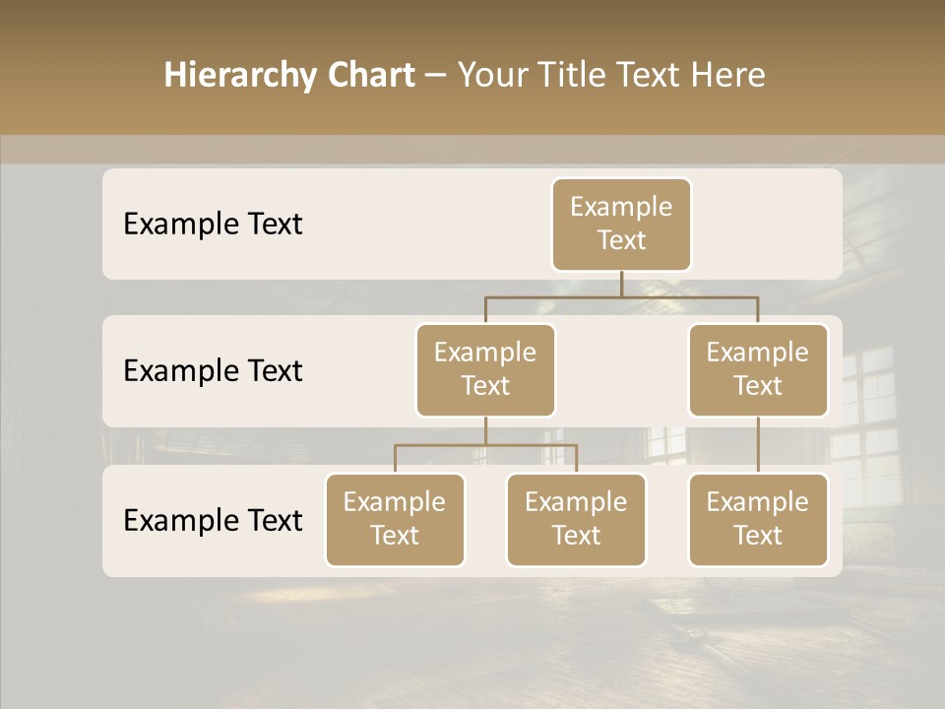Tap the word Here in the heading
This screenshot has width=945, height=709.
click(x=728, y=75)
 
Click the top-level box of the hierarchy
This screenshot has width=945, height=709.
click(x=621, y=224)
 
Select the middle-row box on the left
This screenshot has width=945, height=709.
click(x=485, y=369)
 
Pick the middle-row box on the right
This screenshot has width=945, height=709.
click(x=758, y=369)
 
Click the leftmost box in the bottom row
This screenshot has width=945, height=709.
click(x=395, y=519)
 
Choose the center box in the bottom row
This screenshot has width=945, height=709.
click(x=576, y=519)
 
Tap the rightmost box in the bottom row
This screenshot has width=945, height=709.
click(x=758, y=519)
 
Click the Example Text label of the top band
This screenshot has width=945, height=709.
click(x=213, y=224)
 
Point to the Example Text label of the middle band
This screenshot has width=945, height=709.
click(x=213, y=370)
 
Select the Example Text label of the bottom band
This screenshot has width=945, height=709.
click(x=213, y=520)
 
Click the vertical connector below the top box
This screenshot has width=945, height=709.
click(x=621, y=284)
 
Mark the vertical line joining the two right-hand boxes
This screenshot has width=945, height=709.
click(x=758, y=445)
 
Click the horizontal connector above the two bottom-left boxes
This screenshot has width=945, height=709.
click(x=485, y=445)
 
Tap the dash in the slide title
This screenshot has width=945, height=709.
click(x=435, y=76)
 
